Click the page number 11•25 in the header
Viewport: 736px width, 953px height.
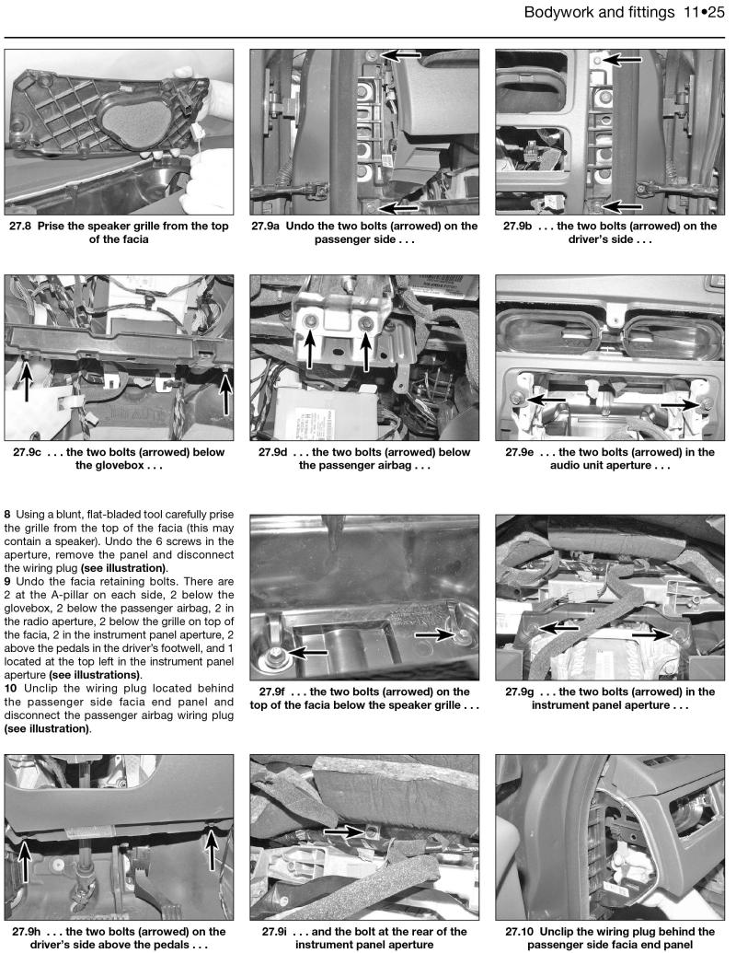[698, 13]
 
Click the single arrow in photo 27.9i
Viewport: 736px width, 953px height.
[345, 830]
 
